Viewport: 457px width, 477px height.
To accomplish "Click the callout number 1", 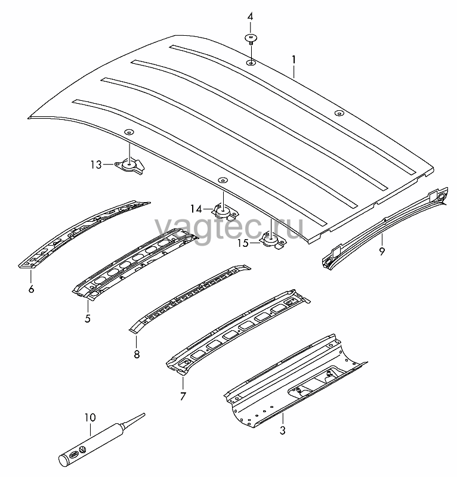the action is pyautogui.click(x=294, y=60).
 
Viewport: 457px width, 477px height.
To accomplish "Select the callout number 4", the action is pyautogui.click(x=250, y=17).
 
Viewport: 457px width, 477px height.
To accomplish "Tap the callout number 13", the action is pyautogui.click(x=96, y=165).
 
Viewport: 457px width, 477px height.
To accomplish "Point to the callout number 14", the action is pyautogui.click(x=196, y=209).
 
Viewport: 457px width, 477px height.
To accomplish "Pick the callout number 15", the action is pyautogui.click(x=243, y=243).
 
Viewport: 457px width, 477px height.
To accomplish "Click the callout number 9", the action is pyautogui.click(x=382, y=251).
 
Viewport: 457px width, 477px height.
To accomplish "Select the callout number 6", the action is pyautogui.click(x=31, y=289).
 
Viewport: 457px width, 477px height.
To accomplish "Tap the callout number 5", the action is pyautogui.click(x=88, y=318).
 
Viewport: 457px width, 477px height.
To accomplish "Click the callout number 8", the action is pyautogui.click(x=137, y=354).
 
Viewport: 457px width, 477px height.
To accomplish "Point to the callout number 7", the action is pyautogui.click(x=183, y=397).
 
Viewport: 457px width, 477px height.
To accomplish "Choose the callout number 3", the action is pyautogui.click(x=283, y=430).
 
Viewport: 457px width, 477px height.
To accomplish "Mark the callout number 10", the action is pyautogui.click(x=90, y=417).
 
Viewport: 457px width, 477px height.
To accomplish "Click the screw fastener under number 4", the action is pyautogui.click(x=251, y=39).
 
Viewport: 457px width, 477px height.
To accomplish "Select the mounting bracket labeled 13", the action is pyautogui.click(x=130, y=166).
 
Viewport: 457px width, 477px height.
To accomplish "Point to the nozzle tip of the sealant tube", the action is pyautogui.click(x=144, y=413).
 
